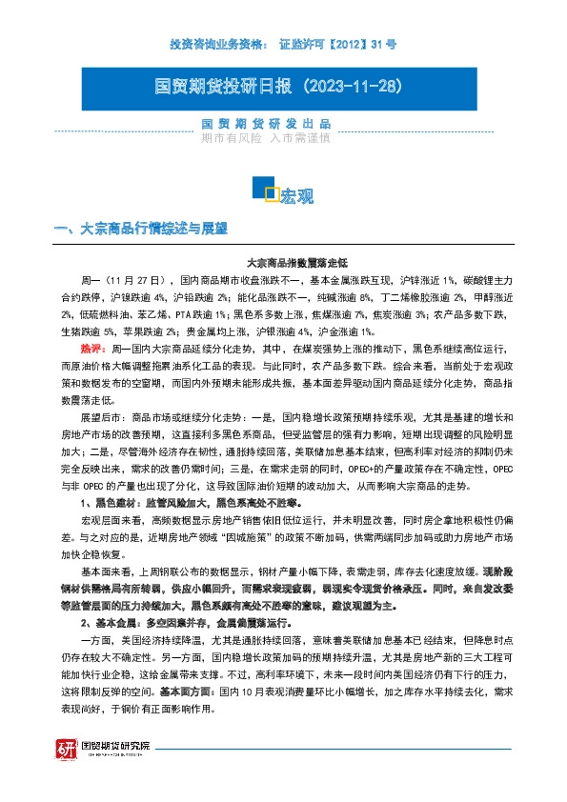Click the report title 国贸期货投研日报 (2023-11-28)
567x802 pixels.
(x=282, y=86)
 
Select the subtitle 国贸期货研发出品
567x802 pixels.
(x=266, y=125)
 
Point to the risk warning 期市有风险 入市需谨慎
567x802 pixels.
(x=266, y=138)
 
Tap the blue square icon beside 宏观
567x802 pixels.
(x=271, y=193)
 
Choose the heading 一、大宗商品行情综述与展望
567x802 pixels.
(x=143, y=230)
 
